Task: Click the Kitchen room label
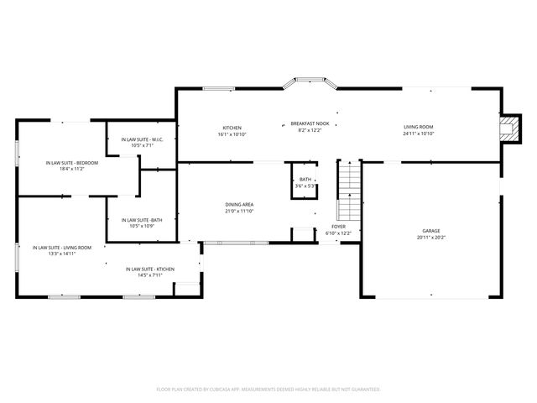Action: [232, 128]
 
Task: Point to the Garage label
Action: [431, 231]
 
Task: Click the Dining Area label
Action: [239, 205]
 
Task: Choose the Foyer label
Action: [338, 227]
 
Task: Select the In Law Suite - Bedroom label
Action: [72, 163]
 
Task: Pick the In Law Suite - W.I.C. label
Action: [137, 139]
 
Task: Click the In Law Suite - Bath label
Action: [140, 220]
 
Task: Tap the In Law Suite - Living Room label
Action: [62, 248]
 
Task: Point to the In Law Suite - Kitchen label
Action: [150, 269]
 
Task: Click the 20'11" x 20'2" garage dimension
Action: [431, 238]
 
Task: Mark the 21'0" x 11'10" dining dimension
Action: [239, 212]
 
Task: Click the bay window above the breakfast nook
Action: [310, 83]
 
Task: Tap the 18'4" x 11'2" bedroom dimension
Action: [72, 169]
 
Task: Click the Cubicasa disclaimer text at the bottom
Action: [268, 390]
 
